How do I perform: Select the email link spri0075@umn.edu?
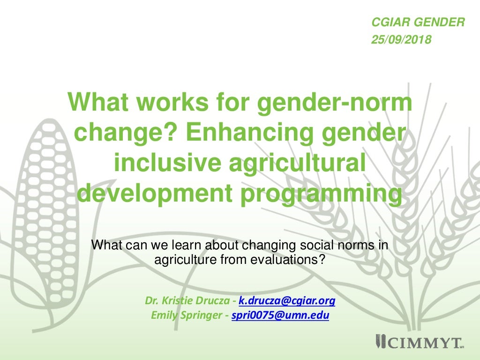(x=280, y=315)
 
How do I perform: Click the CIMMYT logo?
(x=419, y=343)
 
